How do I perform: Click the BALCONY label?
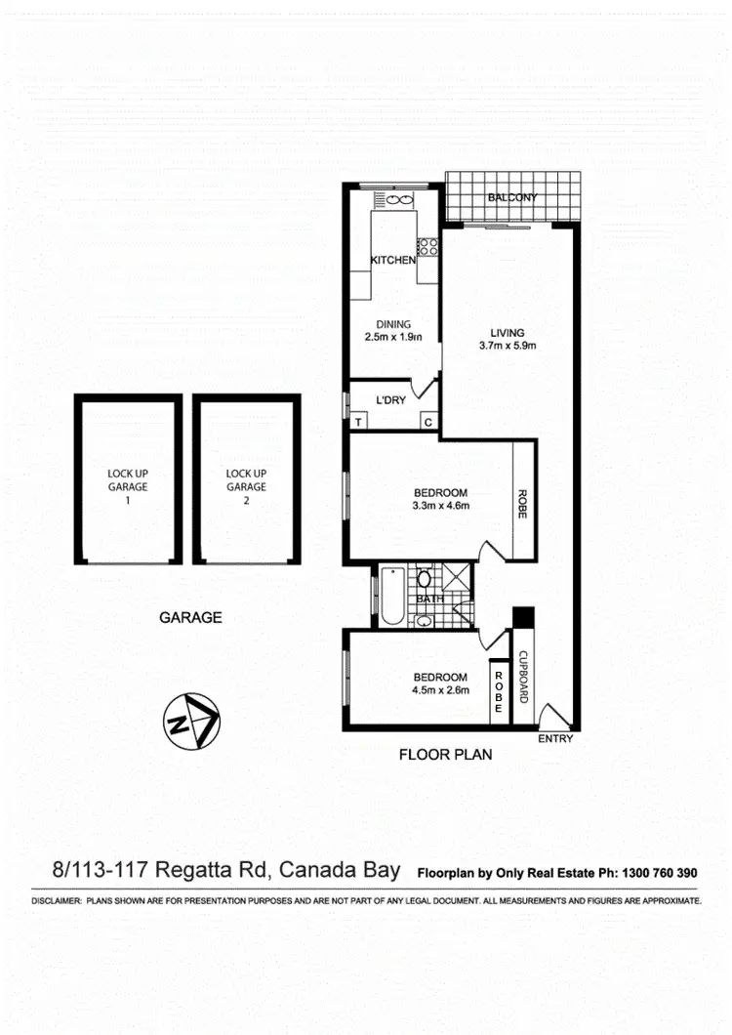pyautogui.click(x=512, y=197)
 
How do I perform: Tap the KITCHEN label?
pyautogui.click(x=393, y=260)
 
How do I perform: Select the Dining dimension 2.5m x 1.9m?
pyautogui.click(x=393, y=339)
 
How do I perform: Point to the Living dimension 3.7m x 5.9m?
pyautogui.click(x=508, y=345)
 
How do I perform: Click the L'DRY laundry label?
pyautogui.click(x=391, y=400)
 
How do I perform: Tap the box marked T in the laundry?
pyautogui.click(x=358, y=422)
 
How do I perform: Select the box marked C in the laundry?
pyautogui.click(x=427, y=422)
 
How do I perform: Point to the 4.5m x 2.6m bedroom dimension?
pyautogui.click(x=441, y=690)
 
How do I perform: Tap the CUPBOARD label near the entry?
pyautogui.click(x=523, y=678)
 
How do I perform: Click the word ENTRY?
pyautogui.click(x=555, y=738)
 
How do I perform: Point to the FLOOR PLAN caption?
pyautogui.click(x=445, y=754)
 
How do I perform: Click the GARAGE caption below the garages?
pyautogui.click(x=190, y=617)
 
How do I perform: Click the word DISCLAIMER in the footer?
pyautogui.click(x=56, y=901)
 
